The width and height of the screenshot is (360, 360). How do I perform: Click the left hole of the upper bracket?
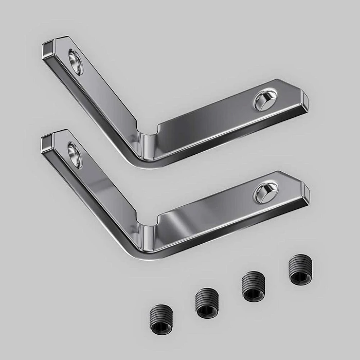75,62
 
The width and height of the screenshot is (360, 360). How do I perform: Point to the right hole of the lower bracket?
265,192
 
